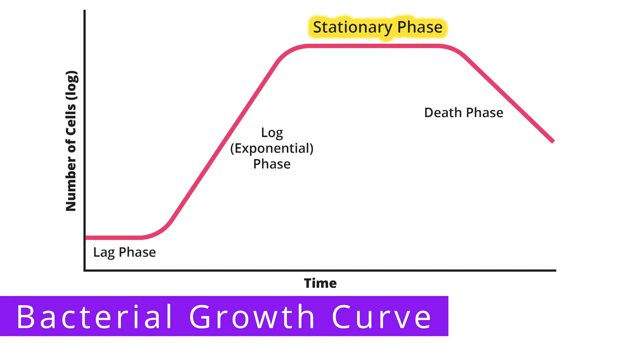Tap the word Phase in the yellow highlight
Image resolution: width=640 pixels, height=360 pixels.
(420, 27)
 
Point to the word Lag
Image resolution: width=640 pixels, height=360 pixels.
(104, 252)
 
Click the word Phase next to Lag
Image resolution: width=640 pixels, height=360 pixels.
(137, 252)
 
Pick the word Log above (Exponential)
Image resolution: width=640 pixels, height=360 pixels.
(272, 133)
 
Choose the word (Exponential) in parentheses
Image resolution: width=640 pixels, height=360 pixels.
(272, 148)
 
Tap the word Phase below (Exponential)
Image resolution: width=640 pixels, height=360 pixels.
(272, 164)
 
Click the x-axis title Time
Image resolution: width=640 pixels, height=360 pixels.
(320, 283)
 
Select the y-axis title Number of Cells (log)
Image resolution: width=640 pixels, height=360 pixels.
(71, 141)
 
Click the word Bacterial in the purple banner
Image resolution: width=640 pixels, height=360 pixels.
(94, 316)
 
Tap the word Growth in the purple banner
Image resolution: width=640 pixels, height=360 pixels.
(252, 316)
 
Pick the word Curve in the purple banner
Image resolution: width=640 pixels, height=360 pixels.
(382, 317)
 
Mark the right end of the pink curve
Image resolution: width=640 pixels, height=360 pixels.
(553, 141)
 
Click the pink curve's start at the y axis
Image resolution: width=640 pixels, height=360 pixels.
(86, 238)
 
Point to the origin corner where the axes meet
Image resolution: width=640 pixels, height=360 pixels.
(84, 270)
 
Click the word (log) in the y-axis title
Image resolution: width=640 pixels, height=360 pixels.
(71, 85)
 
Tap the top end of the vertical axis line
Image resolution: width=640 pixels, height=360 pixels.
(84, 10)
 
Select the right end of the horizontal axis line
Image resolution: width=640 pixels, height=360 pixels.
(556, 270)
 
